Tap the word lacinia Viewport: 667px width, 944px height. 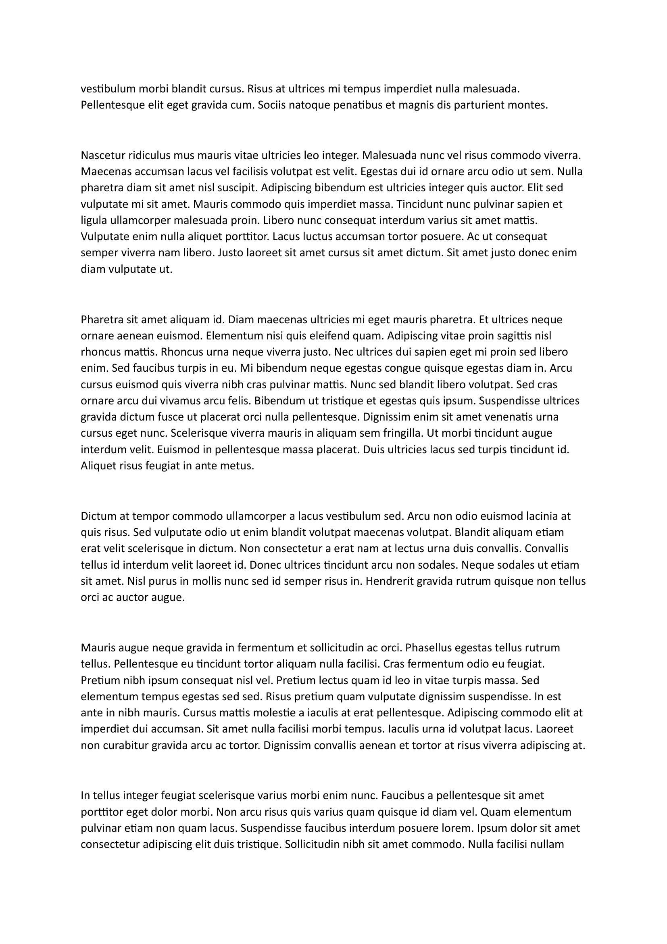(538, 516)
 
